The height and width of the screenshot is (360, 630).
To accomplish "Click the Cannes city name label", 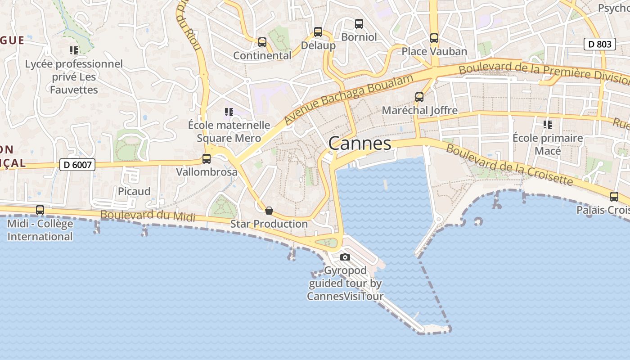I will click(x=360, y=144).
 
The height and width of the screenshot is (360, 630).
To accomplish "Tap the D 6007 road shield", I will click(x=77, y=165).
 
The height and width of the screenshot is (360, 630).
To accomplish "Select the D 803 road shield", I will click(x=600, y=44).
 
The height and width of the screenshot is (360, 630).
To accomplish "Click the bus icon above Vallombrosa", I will click(x=207, y=159).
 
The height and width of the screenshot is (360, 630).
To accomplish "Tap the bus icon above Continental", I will click(x=262, y=42).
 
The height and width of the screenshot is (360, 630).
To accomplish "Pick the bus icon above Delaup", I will click(x=318, y=32).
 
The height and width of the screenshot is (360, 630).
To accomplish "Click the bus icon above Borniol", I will click(x=359, y=24).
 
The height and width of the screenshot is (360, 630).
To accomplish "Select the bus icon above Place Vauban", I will click(x=434, y=38).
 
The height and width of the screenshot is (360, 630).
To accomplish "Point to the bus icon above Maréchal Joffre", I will click(x=419, y=97).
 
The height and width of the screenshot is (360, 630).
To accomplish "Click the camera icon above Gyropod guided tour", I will click(x=345, y=257).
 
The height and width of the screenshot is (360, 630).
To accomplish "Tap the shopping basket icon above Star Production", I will click(x=269, y=211).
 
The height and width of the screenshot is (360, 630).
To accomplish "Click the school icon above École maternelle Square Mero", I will click(x=229, y=112).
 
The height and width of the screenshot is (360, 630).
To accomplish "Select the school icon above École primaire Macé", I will click(x=548, y=124).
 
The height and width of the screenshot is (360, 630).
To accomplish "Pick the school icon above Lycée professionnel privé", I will click(x=74, y=50).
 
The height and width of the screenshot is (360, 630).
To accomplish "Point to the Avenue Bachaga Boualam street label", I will click(x=348, y=100).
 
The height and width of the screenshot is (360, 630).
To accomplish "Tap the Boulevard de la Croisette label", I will click(x=509, y=165).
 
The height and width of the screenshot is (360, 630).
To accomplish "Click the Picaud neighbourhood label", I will click(x=134, y=191).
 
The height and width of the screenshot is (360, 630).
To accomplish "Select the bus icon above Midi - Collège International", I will click(x=40, y=210).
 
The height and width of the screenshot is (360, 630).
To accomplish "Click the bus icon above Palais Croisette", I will click(x=614, y=197).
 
